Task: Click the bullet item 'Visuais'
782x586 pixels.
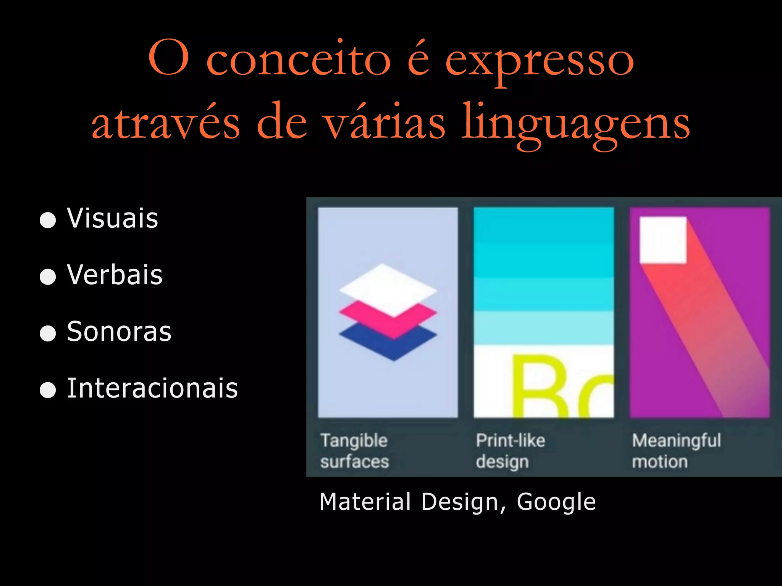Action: point(112,218)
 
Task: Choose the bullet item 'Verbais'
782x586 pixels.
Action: point(115,275)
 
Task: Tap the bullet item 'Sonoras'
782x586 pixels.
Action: point(119,331)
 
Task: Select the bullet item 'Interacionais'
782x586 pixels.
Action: point(152,388)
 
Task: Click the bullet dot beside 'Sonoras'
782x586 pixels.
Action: point(48,333)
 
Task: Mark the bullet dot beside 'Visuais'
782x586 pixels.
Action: point(48,220)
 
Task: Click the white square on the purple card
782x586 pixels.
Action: point(663,240)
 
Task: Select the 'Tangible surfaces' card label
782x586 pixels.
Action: point(354,451)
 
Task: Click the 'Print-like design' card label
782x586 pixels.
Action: point(510,451)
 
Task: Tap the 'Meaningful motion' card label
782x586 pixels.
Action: point(676,451)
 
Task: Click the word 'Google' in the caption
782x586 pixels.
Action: point(556,502)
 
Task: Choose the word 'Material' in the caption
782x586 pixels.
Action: point(365,502)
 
